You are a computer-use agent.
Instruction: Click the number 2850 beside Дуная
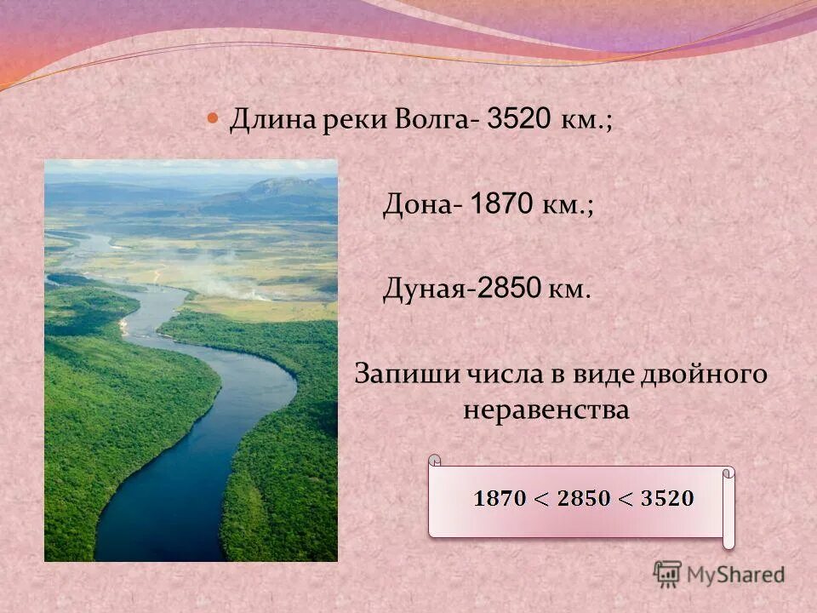click(x=510, y=289)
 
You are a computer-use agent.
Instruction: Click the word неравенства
click(x=546, y=410)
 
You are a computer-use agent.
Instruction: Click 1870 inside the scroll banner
click(x=500, y=499)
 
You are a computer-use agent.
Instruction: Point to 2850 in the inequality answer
click(x=584, y=499)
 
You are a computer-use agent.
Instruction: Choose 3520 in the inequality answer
click(x=667, y=499)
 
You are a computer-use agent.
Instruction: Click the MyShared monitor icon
click(x=667, y=573)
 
